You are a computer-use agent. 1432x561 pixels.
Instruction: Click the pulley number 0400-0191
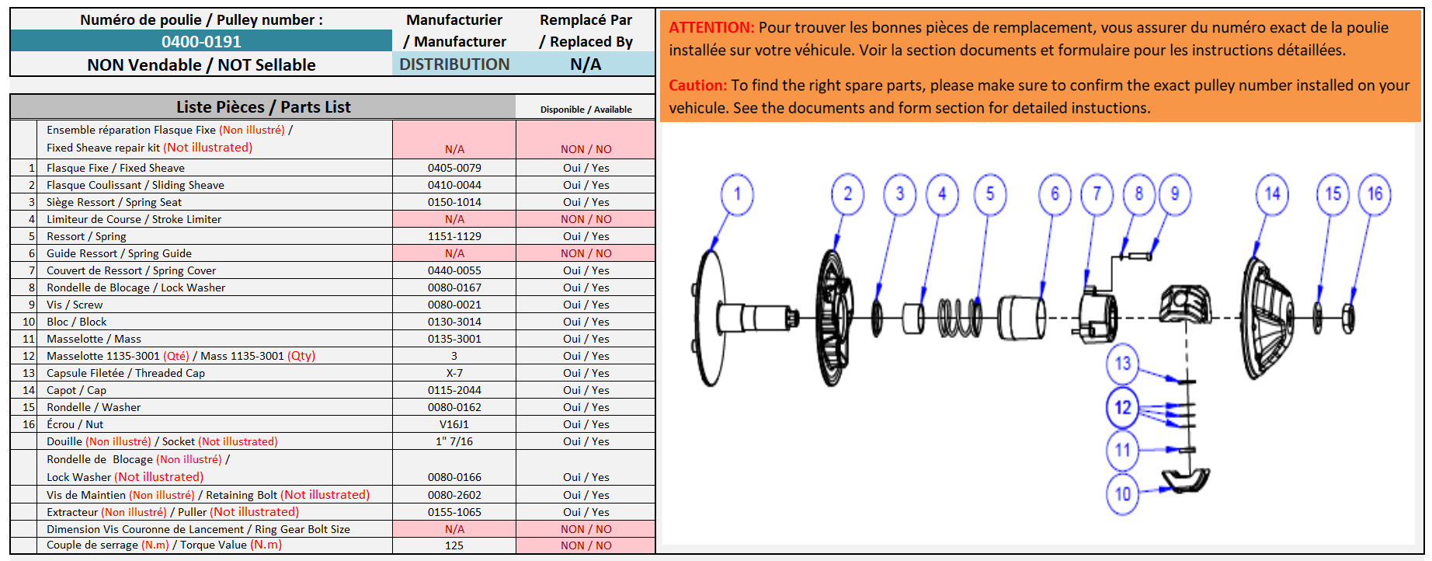(x=201, y=42)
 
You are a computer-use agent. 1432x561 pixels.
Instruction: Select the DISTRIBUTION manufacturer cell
(x=454, y=64)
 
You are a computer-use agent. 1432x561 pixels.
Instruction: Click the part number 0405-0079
(x=454, y=168)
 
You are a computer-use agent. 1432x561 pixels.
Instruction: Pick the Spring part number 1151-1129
(x=454, y=236)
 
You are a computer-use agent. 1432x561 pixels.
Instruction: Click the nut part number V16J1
(x=454, y=424)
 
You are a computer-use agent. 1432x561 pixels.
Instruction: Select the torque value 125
(x=454, y=545)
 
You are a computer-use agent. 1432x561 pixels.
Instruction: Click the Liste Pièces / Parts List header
(x=263, y=107)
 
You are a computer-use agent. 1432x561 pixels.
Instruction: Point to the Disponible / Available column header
(x=586, y=110)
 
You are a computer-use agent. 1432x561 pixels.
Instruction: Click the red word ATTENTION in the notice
(x=711, y=27)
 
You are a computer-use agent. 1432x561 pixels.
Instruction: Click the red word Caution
(x=697, y=85)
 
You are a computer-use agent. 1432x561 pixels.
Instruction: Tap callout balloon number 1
(x=737, y=194)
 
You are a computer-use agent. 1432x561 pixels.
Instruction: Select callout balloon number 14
(x=1272, y=194)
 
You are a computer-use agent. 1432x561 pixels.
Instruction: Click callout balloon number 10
(x=1123, y=493)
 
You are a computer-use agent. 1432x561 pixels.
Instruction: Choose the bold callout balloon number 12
(x=1123, y=407)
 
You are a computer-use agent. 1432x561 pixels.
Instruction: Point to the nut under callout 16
(x=1348, y=318)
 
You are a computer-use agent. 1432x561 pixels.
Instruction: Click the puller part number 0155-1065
(x=454, y=512)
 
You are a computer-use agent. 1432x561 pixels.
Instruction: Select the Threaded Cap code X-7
(x=454, y=373)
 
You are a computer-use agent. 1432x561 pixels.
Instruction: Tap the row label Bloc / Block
(x=76, y=322)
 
